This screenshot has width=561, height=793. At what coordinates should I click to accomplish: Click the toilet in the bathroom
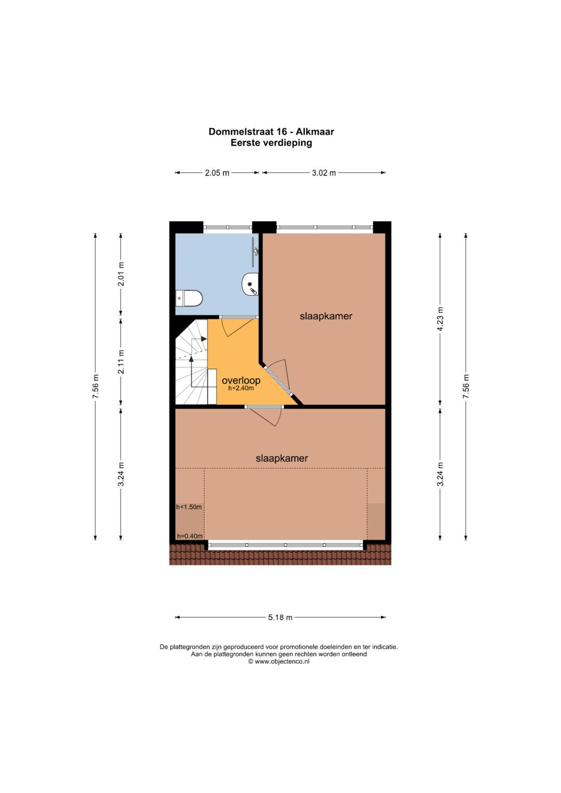pyautogui.click(x=190, y=298)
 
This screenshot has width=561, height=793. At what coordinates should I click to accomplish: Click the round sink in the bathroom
pyautogui.click(x=250, y=285)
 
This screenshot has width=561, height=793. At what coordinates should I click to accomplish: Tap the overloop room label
pyautogui.click(x=241, y=380)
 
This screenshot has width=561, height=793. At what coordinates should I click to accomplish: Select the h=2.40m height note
pyautogui.click(x=241, y=388)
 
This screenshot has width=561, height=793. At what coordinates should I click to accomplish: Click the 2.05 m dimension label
pyautogui.click(x=217, y=173)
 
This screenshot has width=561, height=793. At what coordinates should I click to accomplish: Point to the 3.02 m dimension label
pyautogui.click(x=324, y=173)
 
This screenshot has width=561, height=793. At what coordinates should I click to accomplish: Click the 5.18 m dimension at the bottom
pyautogui.click(x=280, y=617)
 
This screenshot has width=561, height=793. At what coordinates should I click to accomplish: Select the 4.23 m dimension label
pyautogui.click(x=440, y=319)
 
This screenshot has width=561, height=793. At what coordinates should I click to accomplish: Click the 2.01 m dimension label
pyautogui.click(x=121, y=274)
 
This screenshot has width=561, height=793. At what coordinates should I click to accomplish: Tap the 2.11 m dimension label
pyautogui.click(x=121, y=362)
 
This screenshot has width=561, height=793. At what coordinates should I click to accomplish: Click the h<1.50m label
pyautogui.click(x=189, y=507)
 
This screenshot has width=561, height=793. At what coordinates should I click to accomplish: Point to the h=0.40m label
pyautogui.click(x=190, y=536)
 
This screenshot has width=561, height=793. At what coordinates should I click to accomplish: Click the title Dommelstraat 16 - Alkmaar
pyautogui.click(x=271, y=131)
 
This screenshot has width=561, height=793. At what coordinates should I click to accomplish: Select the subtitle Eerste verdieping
pyautogui.click(x=271, y=143)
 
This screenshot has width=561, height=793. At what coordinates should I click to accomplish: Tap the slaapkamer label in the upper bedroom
pyautogui.click(x=326, y=316)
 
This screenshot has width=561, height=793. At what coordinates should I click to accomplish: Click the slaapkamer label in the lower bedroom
pyautogui.click(x=282, y=458)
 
